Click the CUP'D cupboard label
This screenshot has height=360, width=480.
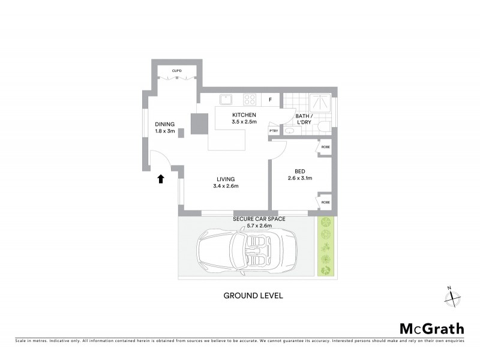[176, 71]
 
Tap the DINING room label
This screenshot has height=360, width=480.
[164, 124]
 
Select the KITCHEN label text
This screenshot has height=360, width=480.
[244, 115]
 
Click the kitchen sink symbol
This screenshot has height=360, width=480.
[226, 100]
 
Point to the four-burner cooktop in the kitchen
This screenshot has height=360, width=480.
[249, 100]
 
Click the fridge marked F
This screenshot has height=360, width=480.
[270, 100]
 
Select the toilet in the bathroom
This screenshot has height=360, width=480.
[323, 126]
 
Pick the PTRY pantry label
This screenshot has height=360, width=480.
[274, 131]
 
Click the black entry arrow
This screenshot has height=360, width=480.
[161, 178]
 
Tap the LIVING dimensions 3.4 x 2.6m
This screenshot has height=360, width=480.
[226, 186]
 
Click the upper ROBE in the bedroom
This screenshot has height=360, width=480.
[325, 147]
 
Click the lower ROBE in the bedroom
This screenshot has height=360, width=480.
[325, 202]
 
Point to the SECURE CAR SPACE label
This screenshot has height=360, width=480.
[259, 219]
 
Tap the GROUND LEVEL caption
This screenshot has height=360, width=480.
[253, 295]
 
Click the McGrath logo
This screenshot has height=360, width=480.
[432, 328]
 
